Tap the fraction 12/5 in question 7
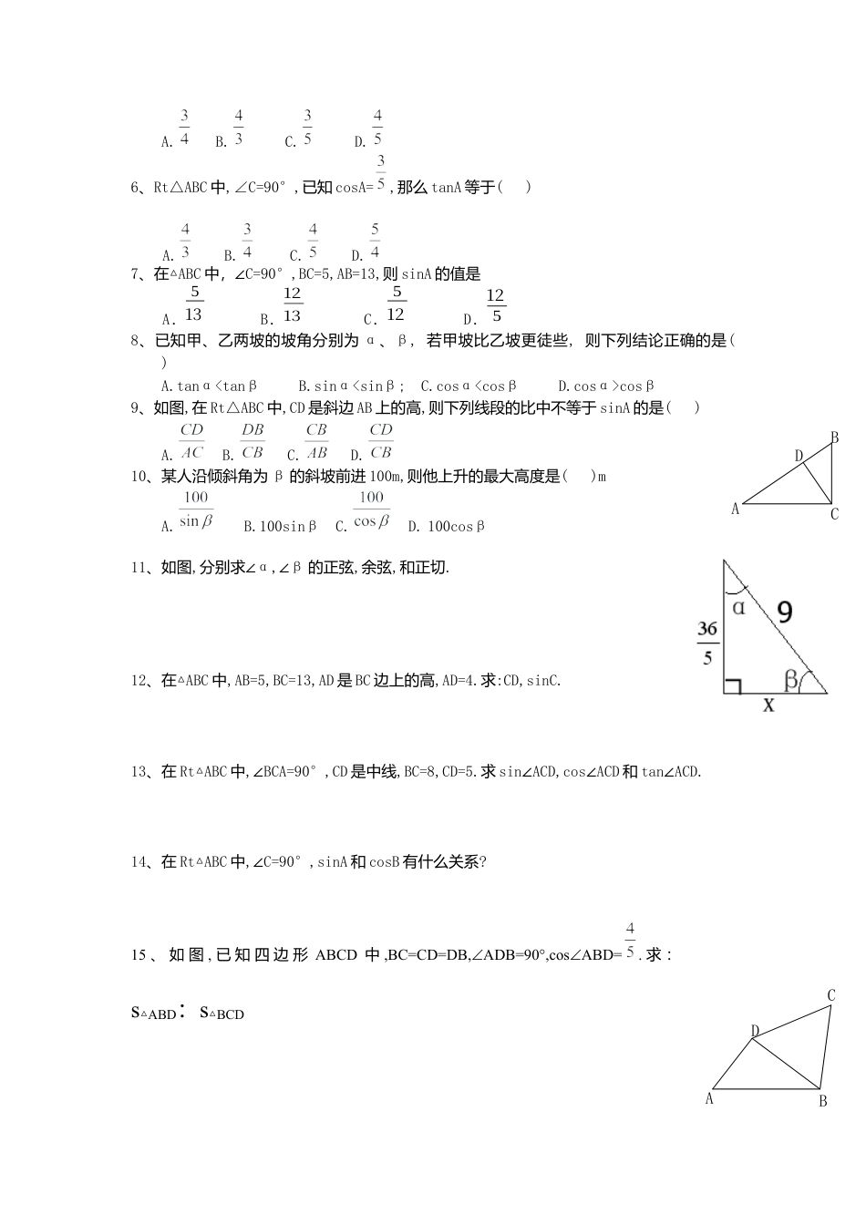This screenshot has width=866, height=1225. [x=495, y=306]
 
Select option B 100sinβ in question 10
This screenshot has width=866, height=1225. [x=281, y=527]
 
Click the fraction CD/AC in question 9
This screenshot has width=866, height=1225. [x=191, y=441]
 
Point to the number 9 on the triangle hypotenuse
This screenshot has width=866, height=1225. [x=784, y=611]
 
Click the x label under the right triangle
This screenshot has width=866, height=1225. [x=768, y=705]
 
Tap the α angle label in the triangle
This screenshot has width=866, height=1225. [x=738, y=607]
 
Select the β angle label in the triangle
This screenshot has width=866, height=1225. [x=790, y=678]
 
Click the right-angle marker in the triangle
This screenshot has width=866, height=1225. [x=732, y=685]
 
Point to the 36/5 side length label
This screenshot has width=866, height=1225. [x=707, y=643]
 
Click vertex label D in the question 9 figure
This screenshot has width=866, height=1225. [x=799, y=456]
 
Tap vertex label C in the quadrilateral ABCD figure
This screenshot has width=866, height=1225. [x=830, y=995]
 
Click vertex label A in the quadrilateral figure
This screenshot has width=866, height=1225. [x=709, y=1099]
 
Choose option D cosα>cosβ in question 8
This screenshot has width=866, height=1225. [x=606, y=386]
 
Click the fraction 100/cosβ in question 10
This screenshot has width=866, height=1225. [x=371, y=510]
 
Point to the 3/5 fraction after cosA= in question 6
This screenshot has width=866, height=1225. [x=380, y=171]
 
